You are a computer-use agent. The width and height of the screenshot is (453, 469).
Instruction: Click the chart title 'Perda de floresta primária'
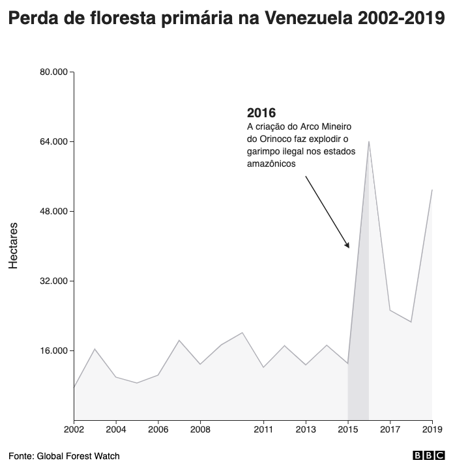pos(226,20)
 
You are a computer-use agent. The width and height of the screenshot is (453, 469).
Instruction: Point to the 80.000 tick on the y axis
pos(54,72)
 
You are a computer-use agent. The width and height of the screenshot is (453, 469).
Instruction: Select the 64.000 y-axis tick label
pos(54,141)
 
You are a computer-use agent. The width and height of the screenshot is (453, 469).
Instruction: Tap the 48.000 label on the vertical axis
pos(54,211)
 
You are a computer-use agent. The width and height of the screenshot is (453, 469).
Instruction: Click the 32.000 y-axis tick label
pos(54,281)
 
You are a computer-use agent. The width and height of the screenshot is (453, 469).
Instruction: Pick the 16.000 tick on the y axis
pos(54,350)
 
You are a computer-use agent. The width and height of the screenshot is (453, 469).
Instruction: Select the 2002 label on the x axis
pos(74,429)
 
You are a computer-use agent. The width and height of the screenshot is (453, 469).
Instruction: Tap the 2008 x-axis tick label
pos(200,429)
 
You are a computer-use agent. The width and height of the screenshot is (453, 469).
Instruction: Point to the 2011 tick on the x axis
pos(263,429)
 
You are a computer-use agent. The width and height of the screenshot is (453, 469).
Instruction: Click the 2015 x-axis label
pos(347,429)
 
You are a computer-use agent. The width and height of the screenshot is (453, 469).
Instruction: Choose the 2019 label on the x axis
pos(431,429)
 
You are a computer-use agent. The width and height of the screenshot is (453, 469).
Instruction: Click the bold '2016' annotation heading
pos(261,113)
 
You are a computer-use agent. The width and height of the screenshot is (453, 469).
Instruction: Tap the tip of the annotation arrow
pos(349,248)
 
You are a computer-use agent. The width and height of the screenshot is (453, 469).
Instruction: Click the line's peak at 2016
pos(369,141)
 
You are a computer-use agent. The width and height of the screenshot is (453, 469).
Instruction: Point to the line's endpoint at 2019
pos(431,190)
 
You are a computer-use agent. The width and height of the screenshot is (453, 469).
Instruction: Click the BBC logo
pos(428,456)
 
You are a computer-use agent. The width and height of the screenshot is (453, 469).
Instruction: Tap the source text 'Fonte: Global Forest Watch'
pos(64,456)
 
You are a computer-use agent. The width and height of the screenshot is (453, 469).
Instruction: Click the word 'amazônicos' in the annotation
pos(271,164)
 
